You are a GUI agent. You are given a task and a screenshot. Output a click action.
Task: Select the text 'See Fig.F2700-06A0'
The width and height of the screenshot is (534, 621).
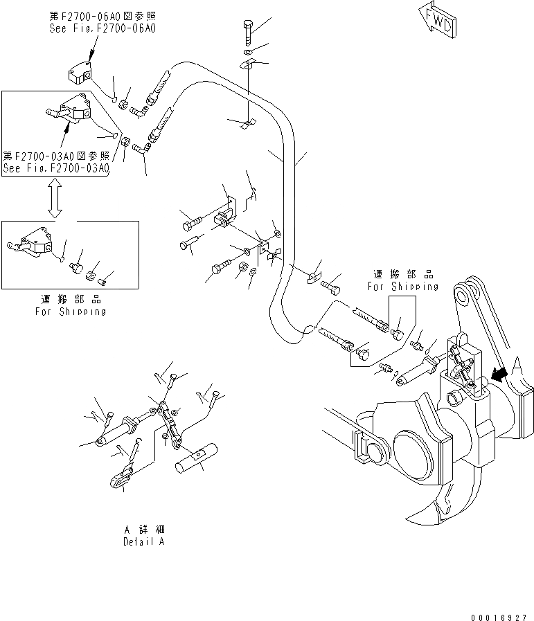pyautogui.click(x=103, y=29)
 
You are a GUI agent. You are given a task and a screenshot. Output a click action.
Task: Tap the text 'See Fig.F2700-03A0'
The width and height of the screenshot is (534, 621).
pyautogui.click(x=56, y=168)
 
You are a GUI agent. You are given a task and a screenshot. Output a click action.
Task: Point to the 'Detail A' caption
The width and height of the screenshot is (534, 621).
pyautogui.click(x=144, y=542)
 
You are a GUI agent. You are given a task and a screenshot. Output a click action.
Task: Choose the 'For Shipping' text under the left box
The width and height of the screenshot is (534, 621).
pyautogui.click(x=71, y=312)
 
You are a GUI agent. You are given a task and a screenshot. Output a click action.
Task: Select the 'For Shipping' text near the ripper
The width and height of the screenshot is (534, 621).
pyautogui.click(x=402, y=286)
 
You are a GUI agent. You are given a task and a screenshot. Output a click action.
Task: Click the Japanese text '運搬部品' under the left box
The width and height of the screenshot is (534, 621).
pyautogui.click(x=71, y=300)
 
